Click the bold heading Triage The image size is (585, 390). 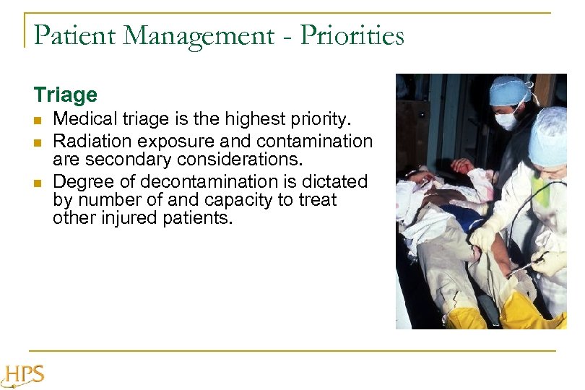(65, 95)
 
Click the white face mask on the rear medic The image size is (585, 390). (508, 119)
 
